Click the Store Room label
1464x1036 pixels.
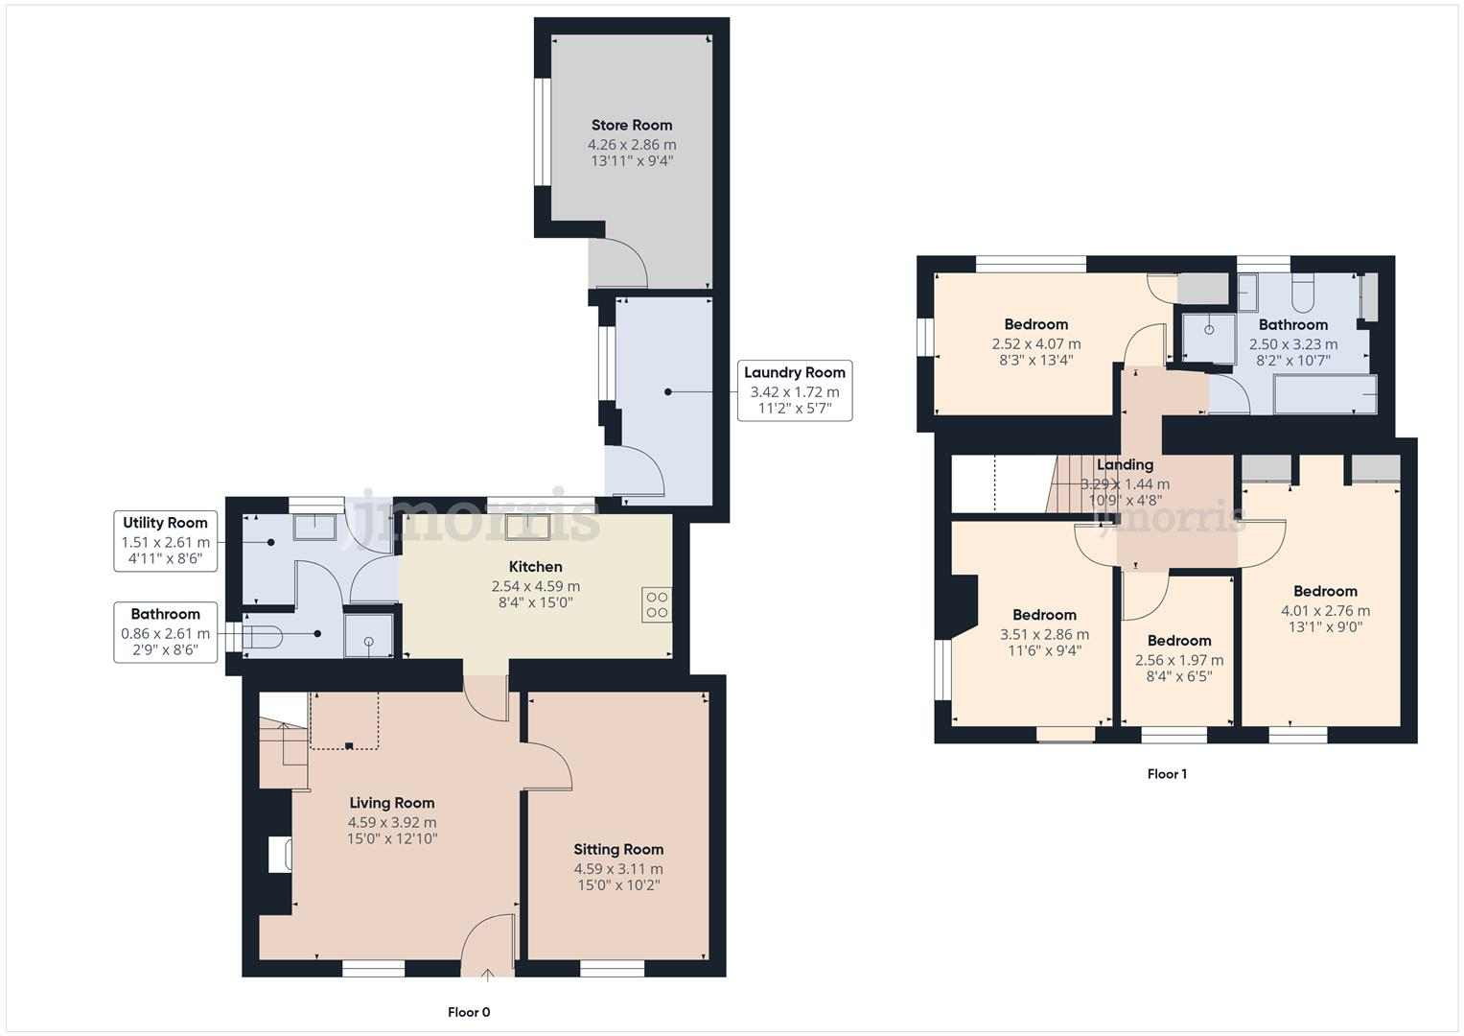coord(631,125)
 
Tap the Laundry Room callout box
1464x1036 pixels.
coord(794,390)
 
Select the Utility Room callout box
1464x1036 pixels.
coord(165,540)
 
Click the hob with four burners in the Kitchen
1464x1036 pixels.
coord(657,605)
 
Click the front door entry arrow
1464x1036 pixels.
coord(487,975)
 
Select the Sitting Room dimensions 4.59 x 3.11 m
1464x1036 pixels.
coord(618,869)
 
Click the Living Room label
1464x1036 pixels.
coord(391,803)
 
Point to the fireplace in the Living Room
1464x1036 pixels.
coord(279,855)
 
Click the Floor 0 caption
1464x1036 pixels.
coord(469,1012)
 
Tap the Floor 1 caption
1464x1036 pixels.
coord(1167,774)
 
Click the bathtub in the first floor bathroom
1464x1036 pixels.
coord(1325,394)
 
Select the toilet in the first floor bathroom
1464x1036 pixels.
coord(1303,294)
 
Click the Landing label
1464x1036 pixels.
coord(1125,464)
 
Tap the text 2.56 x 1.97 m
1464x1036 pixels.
coord(1178,660)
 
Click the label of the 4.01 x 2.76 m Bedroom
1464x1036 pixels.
coord(1325,591)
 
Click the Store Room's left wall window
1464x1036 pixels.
coord(543,130)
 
